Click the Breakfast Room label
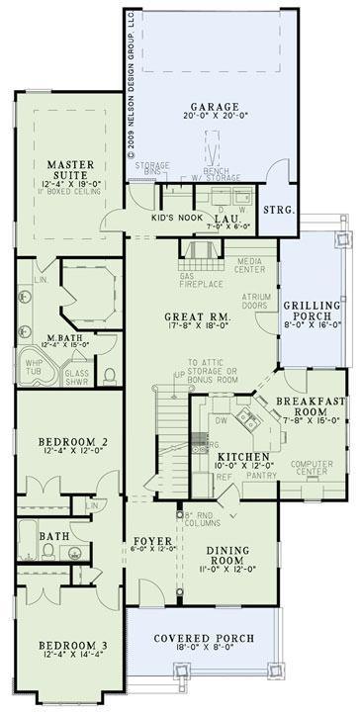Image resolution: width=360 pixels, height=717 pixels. coord(310,406)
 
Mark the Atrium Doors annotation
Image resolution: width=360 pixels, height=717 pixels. coord(257,301)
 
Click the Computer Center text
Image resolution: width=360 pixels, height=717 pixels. coord(312,467)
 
